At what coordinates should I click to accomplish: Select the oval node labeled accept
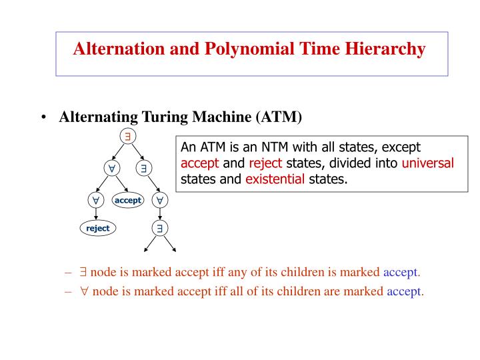tap(127, 200)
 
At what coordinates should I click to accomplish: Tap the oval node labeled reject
tap(97, 228)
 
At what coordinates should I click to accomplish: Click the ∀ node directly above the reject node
tap(96, 199)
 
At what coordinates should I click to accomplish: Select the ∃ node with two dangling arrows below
tap(160, 228)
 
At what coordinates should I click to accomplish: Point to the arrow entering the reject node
tap(97, 213)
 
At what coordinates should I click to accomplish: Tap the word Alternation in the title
tap(111, 49)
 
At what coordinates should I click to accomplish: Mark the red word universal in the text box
tap(427, 164)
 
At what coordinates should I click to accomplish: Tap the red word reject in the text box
tap(266, 164)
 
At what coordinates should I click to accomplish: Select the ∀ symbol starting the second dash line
tap(84, 291)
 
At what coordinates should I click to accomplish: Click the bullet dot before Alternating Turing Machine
tap(43, 119)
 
